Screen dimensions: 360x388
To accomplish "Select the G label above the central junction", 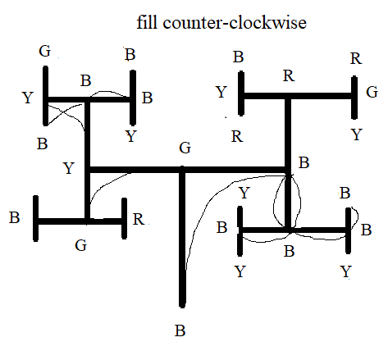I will [x=185, y=148].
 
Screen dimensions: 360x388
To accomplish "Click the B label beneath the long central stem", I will [x=180, y=331].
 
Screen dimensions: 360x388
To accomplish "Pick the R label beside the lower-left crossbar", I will [x=139, y=219].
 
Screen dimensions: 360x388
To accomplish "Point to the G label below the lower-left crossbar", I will [x=80, y=244].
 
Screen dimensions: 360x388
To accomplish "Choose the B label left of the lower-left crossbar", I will [x=15, y=219].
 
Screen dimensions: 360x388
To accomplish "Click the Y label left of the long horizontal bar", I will [x=69, y=169].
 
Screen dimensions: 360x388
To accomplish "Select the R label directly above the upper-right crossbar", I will [x=287, y=77].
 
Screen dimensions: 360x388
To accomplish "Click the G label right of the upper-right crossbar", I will [x=372, y=92].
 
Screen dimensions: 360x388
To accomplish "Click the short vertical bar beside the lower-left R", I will [x=124, y=219].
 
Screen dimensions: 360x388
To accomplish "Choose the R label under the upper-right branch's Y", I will [x=236, y=136].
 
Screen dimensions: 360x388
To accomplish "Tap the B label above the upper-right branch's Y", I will [x=238, y=57].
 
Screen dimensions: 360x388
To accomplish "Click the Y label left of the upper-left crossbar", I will [x=28, y=98].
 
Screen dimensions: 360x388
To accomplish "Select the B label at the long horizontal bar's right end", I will [x=304, y=162].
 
